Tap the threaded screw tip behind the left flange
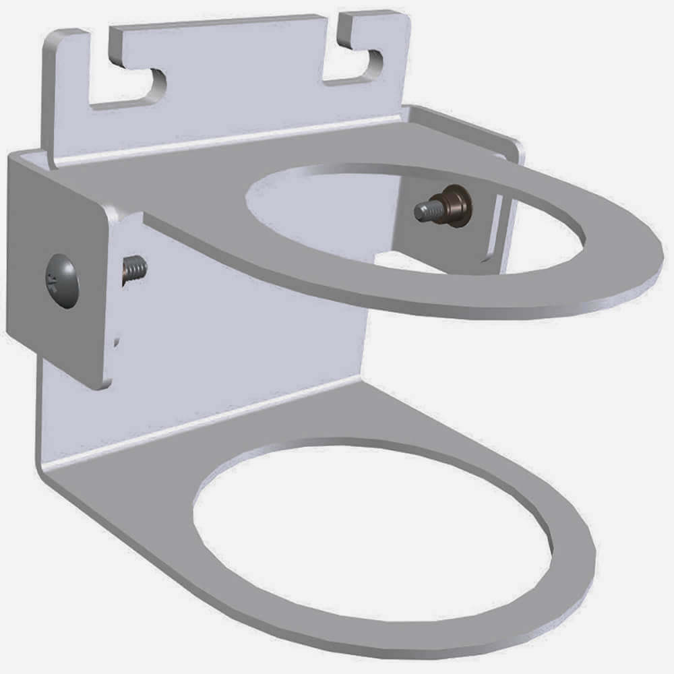[135, 270]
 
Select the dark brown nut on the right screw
[458, 206]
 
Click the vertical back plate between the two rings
[256, 324]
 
